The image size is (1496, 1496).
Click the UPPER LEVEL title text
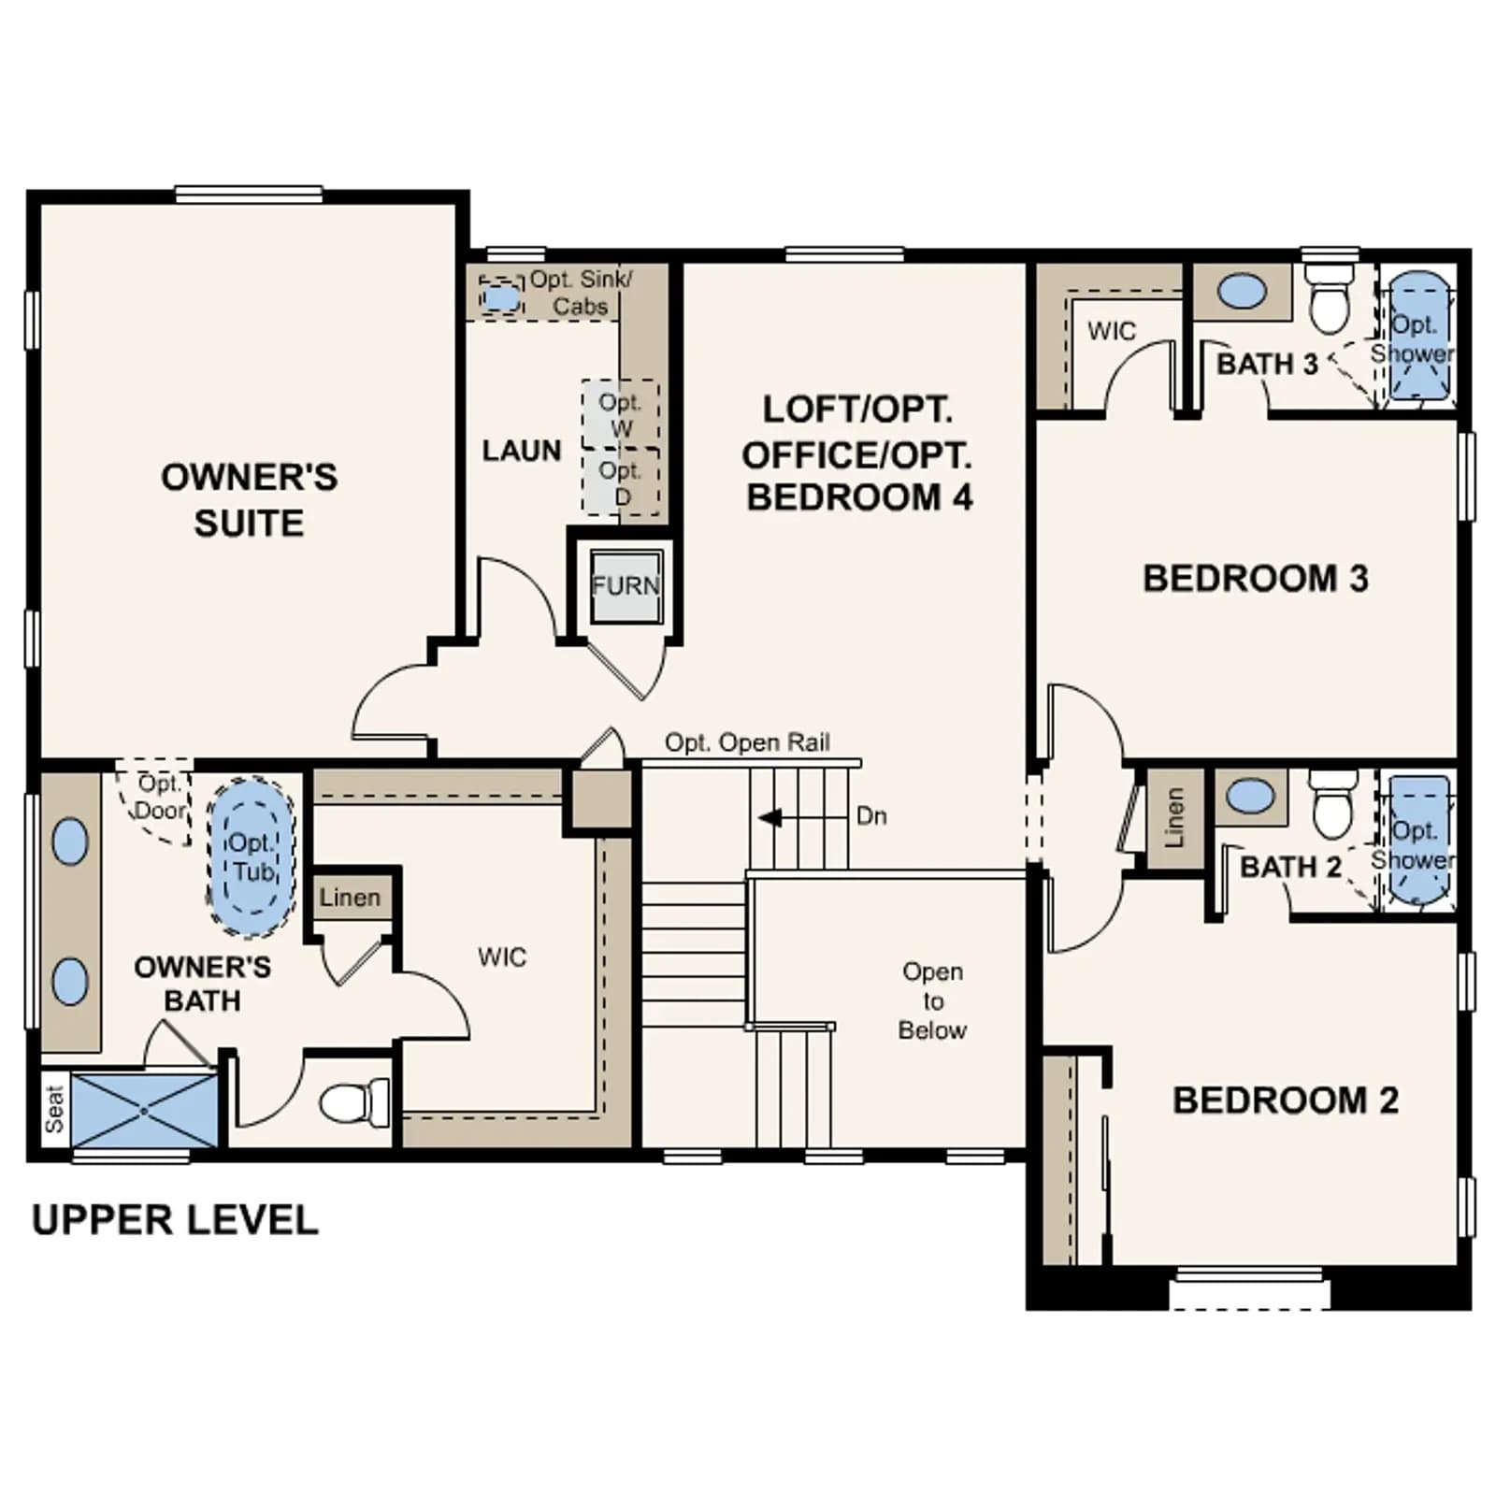coord(175,1220)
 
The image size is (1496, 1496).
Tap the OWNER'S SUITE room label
coord(249,499)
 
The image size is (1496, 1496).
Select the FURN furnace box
coord(626,585)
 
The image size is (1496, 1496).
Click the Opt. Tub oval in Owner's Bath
coord(251,856)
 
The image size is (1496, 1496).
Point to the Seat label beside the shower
coord(54,1109)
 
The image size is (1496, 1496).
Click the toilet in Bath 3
coord(1330,297)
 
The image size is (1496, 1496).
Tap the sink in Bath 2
coord(1249,797)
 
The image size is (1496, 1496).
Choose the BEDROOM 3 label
coord(1256,579)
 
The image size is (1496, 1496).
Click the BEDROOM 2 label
coord(1286,1100)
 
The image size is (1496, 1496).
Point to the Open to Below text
coord(932,1000)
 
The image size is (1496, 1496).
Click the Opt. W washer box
coord(620,414)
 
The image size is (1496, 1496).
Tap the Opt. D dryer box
coord(620,482)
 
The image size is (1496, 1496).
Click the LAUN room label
coord(522,451)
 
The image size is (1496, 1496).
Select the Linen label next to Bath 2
coord(1174,818)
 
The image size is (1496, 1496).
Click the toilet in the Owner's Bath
coord(354,1103)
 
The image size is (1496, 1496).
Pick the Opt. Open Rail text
coord(747,742)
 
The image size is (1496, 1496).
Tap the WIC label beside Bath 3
coord(1112,331)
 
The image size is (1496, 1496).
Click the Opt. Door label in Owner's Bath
coord(161,797)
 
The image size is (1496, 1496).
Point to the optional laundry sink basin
coord(502,297)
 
